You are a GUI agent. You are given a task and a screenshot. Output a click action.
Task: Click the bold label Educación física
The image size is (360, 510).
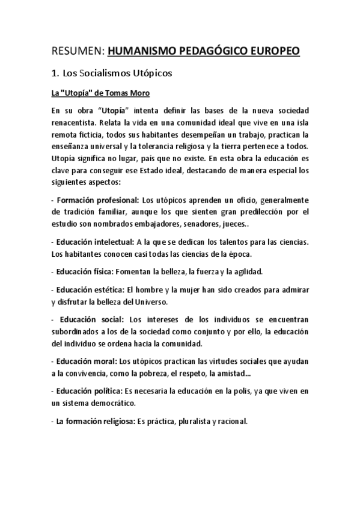[85, 271]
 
